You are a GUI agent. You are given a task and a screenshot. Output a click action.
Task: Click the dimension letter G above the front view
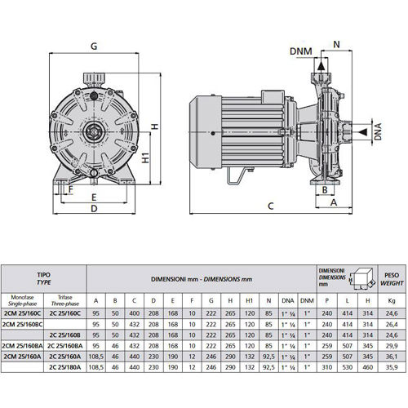(95, 47)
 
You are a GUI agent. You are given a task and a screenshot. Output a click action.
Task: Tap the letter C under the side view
(269, 206)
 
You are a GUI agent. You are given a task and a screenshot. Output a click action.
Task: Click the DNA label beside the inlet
(378, 131)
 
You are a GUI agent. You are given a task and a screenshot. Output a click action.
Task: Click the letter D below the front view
(95, 208)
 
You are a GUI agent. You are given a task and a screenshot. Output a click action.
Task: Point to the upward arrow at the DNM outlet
(323, 65)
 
